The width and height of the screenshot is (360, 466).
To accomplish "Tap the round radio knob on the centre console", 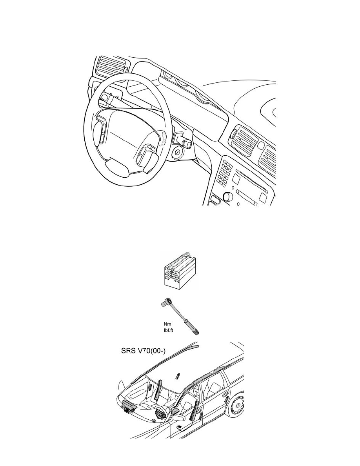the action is (x=228, y=197).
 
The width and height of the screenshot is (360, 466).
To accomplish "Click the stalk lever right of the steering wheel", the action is (x=183, y=139).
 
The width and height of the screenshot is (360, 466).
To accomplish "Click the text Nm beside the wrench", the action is (x=167, y=324).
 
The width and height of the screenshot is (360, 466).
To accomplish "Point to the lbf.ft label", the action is (x=168, y=331).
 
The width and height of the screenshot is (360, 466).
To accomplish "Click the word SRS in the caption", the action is (x=128, y=351).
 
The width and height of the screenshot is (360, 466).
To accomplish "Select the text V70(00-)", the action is (x=151, y=351).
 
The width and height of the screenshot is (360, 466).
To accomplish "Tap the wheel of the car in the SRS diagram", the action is (x=235, y=405).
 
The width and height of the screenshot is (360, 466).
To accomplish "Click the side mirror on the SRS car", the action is (x=178, y=418).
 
